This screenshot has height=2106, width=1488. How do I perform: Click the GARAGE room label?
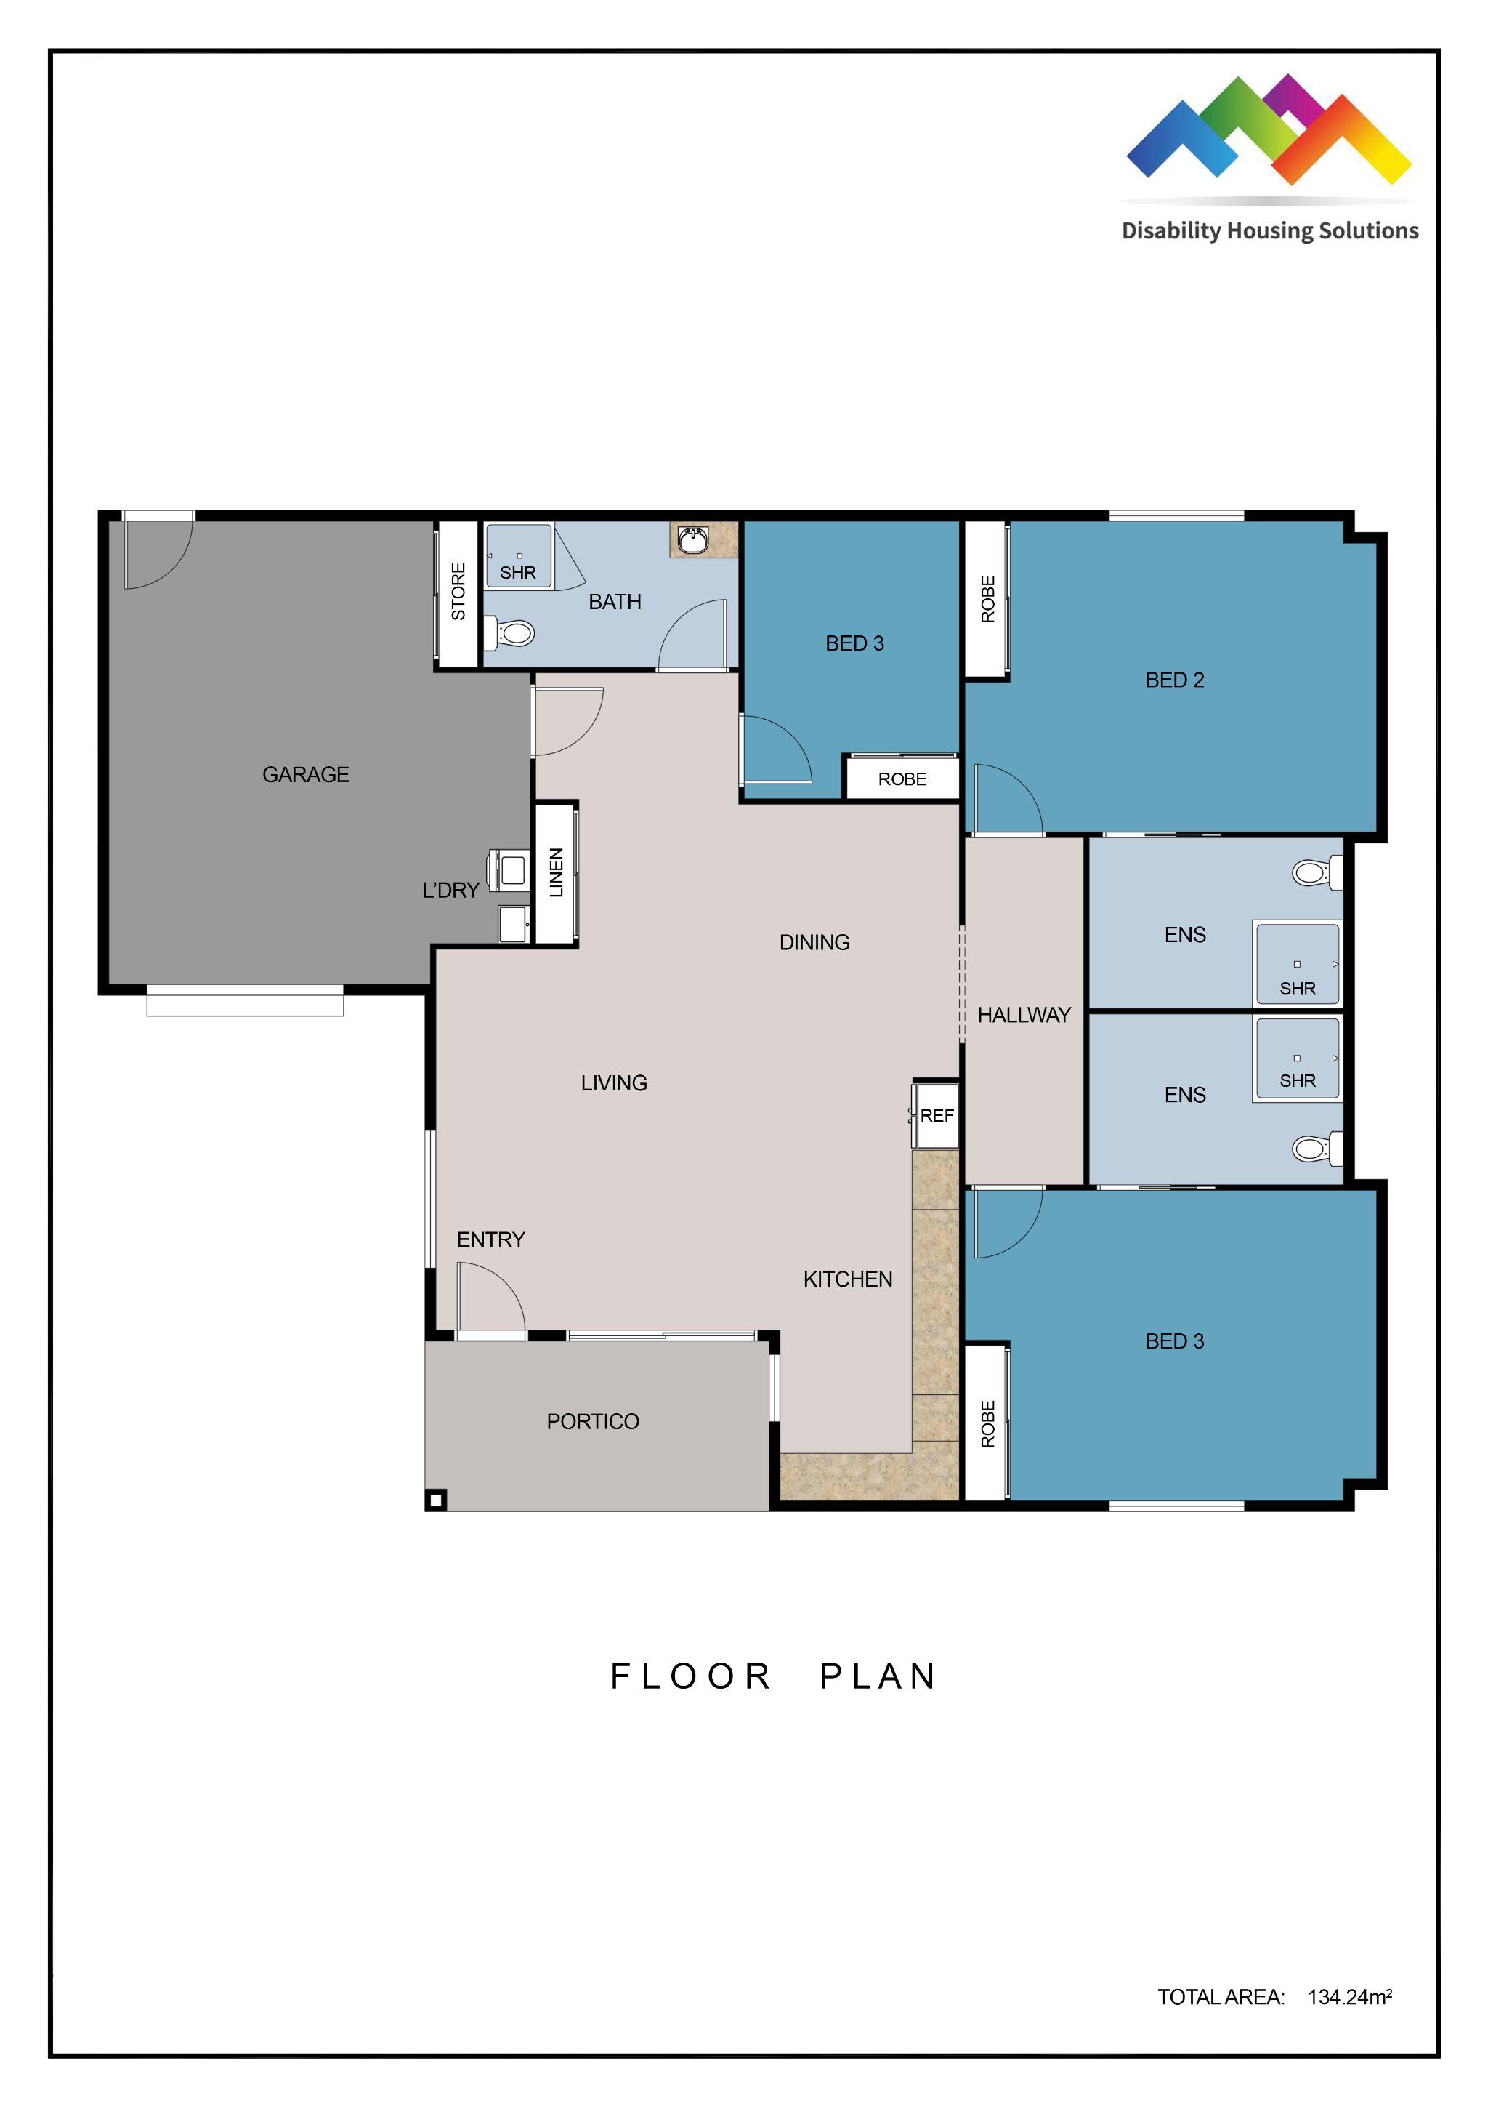click(305, 775)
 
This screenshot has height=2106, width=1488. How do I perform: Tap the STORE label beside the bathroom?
click(458, 592)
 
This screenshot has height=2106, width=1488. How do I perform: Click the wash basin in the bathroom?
click(692, 540)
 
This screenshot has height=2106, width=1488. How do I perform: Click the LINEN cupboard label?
click(557, 872)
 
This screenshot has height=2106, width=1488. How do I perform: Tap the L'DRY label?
click(450, 890)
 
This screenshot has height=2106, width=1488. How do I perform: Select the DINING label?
click(814, 942)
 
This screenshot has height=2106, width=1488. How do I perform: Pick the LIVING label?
click(613, 1083)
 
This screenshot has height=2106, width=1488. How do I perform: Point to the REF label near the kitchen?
click(937, 1115)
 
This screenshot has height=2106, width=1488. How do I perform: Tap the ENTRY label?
click(490, 1240)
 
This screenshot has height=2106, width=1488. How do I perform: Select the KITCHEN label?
click(847, 1279)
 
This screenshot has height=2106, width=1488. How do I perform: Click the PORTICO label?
click(592, 1422)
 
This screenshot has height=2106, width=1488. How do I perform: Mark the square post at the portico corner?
click(437, 1500)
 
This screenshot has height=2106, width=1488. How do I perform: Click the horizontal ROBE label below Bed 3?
click(902, 779)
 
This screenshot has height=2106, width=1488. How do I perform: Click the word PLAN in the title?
click(878, 1676)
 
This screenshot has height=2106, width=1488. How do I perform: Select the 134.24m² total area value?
click(1349, 1997)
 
